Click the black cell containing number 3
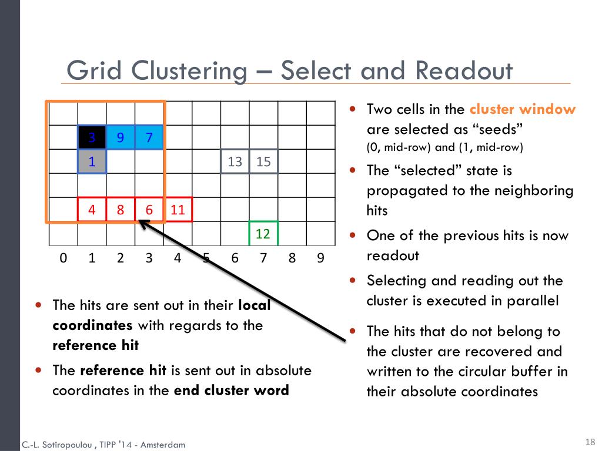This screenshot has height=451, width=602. [92, 137]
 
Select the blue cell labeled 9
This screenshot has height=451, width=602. [121, 137]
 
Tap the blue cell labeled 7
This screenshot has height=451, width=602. [149, 137]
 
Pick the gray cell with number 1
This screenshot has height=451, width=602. [92, 161]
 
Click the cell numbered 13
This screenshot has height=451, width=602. [235, 161]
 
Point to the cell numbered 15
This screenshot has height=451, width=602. [263, 161]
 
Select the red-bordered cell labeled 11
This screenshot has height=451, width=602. [178, 210]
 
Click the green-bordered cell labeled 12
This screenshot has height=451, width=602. [263, 234]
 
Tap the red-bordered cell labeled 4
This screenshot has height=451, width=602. [92, 210]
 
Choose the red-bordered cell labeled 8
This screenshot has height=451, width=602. [121, 210]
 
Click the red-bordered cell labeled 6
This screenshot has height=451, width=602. [149, 210]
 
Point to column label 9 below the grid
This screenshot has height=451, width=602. [320, 258]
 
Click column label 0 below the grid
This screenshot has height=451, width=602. [63, 258]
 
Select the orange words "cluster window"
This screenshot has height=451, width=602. [523, 109]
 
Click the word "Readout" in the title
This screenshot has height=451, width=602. [463, 72]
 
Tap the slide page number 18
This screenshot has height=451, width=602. [590, 442]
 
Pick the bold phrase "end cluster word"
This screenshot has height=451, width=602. [231, 391]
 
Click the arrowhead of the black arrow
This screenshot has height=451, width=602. [141, 223]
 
